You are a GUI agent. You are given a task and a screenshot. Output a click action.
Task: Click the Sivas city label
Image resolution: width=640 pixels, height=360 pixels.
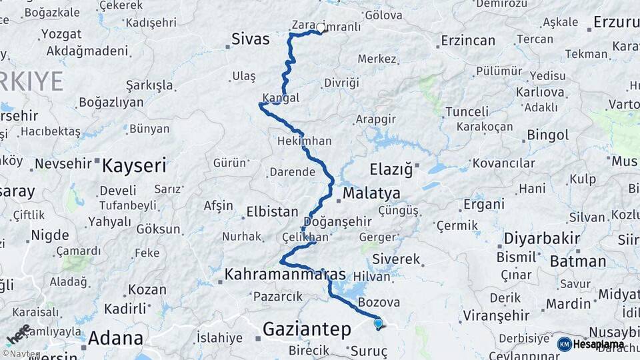(251, 39)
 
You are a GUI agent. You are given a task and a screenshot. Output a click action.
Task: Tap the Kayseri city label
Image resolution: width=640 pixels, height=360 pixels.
(133, 165)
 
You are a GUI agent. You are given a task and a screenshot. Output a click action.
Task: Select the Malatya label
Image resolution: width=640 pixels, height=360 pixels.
(371, 193)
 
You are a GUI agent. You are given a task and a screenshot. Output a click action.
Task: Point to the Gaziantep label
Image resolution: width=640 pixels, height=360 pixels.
(307, 329)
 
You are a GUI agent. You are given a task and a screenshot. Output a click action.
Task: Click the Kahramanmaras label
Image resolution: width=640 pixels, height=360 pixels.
(285, 274)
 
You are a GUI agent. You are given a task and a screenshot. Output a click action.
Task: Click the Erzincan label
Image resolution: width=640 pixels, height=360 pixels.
(468, 41)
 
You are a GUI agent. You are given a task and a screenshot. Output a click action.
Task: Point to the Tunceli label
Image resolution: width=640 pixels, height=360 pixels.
(467, 111)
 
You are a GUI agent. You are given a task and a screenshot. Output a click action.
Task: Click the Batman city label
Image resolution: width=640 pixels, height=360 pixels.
(577, 261)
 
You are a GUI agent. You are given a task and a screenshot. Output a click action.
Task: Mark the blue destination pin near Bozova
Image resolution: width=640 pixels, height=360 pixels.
(379, 324)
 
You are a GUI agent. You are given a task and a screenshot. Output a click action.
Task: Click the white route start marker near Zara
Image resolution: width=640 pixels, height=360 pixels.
(321, 29)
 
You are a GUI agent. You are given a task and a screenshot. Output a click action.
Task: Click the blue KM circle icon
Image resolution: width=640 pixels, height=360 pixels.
(565, 344)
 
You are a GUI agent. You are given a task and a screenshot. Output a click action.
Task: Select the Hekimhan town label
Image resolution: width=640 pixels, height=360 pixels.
(304, 141)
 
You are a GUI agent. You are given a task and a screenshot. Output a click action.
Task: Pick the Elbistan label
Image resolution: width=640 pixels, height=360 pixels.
(272, 212)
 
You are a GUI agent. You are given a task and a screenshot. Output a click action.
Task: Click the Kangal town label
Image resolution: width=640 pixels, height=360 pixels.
(281, 98)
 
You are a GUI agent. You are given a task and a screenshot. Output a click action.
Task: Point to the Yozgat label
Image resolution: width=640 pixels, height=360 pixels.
(61, 34)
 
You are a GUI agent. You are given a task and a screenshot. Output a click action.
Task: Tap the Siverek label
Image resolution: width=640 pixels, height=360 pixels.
(396, 259)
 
